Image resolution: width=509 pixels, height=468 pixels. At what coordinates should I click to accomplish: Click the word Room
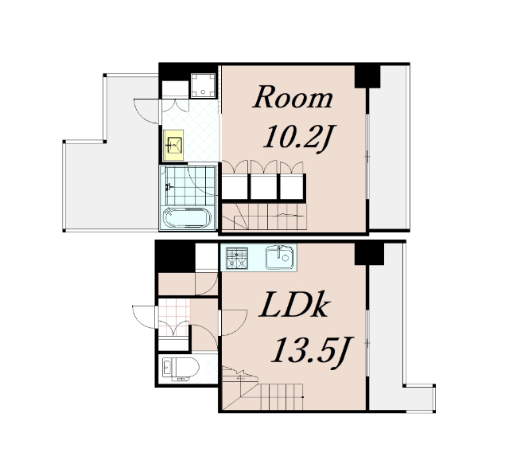293,97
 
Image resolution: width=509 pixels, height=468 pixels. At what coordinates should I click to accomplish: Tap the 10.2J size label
299,138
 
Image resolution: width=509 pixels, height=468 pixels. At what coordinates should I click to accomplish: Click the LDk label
294,306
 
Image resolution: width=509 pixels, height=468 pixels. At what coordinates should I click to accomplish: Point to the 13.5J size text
312,352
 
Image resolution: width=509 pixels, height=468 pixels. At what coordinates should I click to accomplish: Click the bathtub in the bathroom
188,217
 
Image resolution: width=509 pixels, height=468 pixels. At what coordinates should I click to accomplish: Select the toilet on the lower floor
181,369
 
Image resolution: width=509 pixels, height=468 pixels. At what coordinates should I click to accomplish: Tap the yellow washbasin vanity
173,145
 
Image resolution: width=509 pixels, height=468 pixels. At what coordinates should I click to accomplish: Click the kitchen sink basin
279,257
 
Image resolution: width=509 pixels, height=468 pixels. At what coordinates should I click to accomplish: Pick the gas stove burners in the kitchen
237,258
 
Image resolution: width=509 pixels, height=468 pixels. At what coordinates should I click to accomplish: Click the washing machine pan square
204,85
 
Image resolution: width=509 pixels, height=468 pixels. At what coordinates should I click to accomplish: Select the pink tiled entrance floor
174,318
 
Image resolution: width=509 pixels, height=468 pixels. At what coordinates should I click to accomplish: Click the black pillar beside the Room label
367,76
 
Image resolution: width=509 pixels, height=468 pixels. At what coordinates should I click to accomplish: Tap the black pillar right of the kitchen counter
369,253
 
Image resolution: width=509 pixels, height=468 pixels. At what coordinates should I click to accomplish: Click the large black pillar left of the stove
176,258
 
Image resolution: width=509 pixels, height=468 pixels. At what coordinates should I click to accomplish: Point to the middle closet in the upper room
263,187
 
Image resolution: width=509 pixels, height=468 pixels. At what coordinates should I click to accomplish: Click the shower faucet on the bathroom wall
168,187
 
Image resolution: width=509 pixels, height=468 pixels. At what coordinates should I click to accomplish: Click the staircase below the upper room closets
264,217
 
